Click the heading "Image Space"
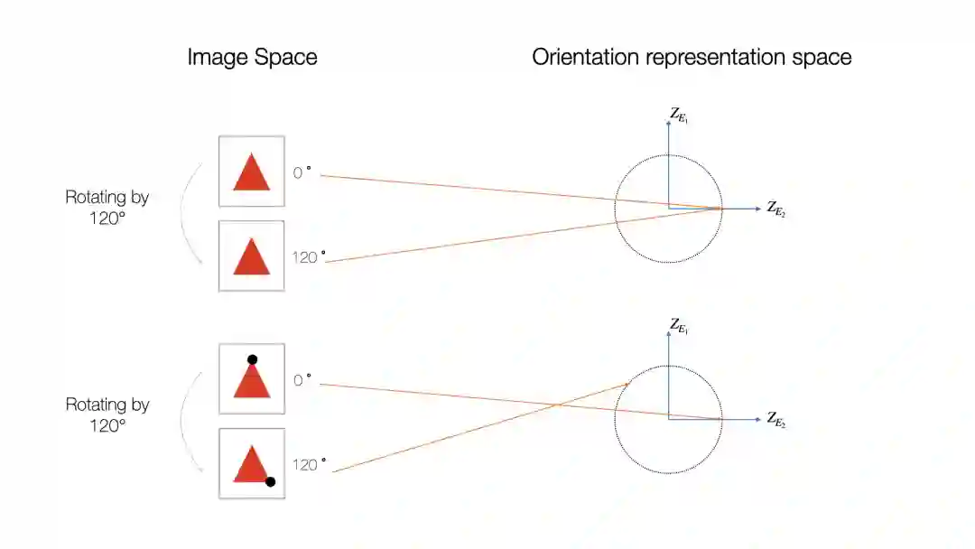click(252, 58)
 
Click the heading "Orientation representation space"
click(692, 58)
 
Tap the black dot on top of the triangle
click(253, 359)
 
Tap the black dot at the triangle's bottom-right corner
click(270, 481)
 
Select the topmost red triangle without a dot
click(252, 172)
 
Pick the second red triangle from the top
click(252, 257)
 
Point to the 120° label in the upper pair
click(308, 257)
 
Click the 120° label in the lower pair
click(308, 465)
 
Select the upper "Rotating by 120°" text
click(107, 208)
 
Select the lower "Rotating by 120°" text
click(107, 415)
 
